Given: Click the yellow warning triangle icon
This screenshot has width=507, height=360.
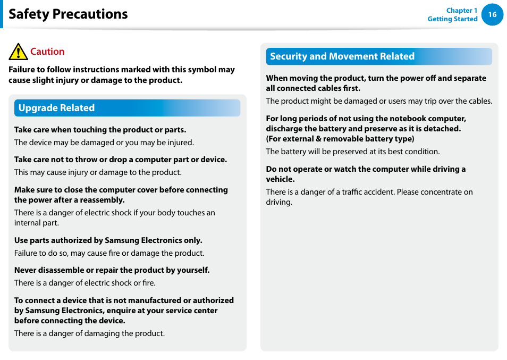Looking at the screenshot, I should click(18, 52).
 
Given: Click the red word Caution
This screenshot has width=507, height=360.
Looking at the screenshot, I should click(47, 52).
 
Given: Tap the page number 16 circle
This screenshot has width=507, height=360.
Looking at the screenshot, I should click(492, 14).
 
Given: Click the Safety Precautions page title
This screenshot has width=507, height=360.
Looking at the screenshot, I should click(68, 14).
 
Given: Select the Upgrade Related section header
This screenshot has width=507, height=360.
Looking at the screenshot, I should click(56, 108).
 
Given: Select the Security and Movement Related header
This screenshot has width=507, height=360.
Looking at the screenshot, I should click(342, 56).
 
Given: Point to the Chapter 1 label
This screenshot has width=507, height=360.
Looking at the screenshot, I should click(461, 11).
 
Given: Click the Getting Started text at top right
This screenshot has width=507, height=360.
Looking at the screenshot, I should click(452, 19).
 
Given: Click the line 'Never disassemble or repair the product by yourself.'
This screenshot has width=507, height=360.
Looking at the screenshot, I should click(112, 270).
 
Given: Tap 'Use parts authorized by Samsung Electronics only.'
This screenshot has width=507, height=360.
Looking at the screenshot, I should click(108, 240).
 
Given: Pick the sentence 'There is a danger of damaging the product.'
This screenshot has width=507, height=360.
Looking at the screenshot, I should click(89, 333).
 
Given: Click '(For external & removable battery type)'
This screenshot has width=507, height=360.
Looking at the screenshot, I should click(340, 139).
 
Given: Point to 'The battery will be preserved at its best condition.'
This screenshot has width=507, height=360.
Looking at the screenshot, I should click(352, 152).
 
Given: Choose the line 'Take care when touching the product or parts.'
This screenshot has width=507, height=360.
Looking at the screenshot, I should click(100, 130).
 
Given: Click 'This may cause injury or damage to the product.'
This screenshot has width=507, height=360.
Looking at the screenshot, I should click(98, 172).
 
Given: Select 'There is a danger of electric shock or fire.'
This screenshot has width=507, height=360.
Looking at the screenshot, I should click(85, 283).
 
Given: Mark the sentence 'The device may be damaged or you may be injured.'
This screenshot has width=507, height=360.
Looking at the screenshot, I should click(104, 143).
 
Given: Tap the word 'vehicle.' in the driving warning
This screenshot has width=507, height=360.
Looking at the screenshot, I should click(280, 179).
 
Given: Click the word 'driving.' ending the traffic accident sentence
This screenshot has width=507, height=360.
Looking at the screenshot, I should click(279, 202).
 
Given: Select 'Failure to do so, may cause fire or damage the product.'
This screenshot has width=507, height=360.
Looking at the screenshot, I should click(109, 253).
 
